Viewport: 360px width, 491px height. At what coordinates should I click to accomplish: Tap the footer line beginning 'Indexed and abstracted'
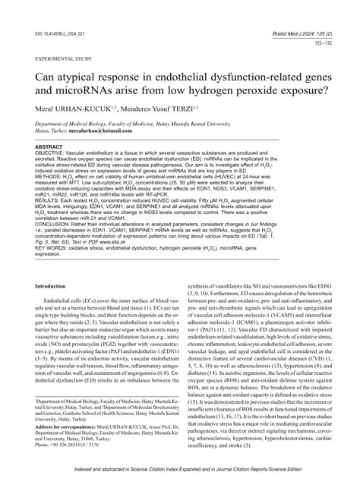pyautogui.click(x=180, y=471)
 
